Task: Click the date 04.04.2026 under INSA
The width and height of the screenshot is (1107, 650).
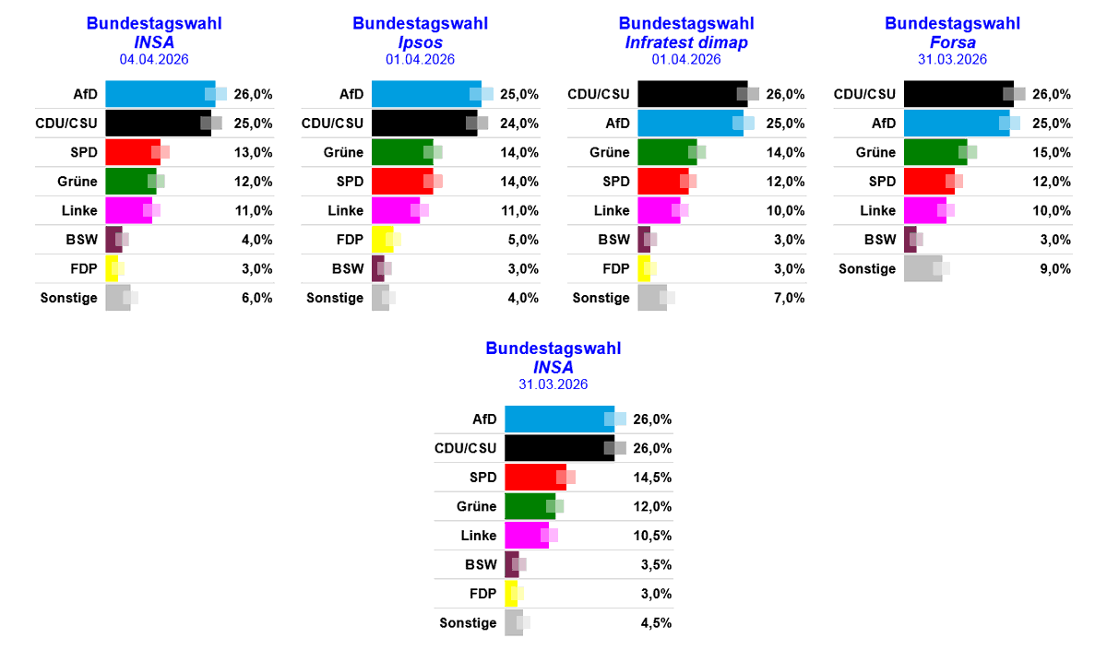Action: tap(153, 59)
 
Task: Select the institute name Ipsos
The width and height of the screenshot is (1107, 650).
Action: tap(420, 41)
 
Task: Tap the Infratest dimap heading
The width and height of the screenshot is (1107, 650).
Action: tap(685, 41)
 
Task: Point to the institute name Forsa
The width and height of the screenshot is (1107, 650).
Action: tap(952, 41)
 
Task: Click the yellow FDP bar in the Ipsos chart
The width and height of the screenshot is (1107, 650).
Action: tap(381, 240)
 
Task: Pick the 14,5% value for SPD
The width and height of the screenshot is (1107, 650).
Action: tap(652, 478)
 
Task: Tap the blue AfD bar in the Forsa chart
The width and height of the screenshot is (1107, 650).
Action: tap(956, 124)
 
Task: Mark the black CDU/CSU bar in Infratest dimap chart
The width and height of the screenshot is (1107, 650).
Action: tap(692, 94)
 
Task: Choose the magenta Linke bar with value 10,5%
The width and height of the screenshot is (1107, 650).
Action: tap(526, 536)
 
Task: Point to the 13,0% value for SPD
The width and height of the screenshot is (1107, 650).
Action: tap(253, 153)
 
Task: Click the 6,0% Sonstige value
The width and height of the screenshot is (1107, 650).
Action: tap(256, 298)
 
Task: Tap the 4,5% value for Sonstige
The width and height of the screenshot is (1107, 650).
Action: tap(655, 622)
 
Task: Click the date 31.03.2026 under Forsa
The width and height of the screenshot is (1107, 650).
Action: tap(952, 59)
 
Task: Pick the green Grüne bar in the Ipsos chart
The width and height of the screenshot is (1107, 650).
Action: tap(401, 153)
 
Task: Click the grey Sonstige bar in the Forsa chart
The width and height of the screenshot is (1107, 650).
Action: tap(922, 269)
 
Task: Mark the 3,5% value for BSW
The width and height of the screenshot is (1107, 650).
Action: tap(655, 564)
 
